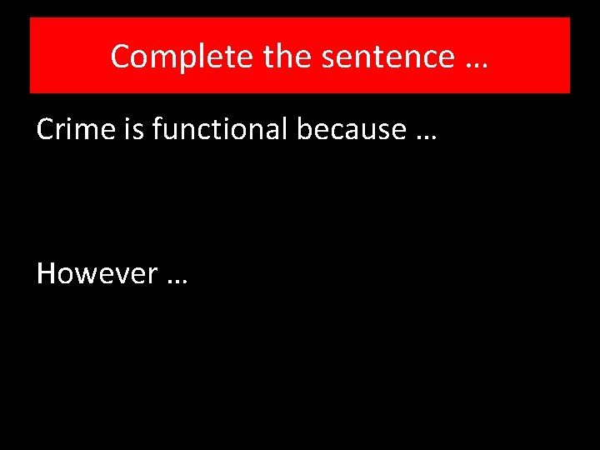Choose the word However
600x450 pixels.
tap(97, 272)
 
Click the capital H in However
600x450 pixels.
tap(46, 272)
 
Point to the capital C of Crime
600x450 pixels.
tap(45, 129)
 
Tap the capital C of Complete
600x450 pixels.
tap(120, 57)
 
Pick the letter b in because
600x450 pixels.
tap(281, 129)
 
